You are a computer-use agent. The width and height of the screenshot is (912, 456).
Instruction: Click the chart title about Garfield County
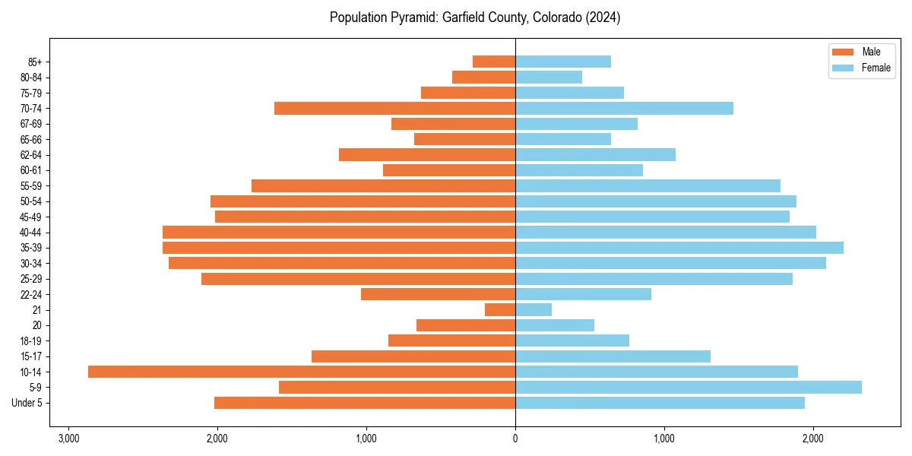coord(475,17)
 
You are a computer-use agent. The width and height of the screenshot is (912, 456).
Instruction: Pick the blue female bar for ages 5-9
coord(689,388)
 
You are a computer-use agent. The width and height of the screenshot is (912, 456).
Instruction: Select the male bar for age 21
coord(500,310)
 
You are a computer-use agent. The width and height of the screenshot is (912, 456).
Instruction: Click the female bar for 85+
coord(563,62)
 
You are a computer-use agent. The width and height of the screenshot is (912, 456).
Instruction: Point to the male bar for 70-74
coord(395,109)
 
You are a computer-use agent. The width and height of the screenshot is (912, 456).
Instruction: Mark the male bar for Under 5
coord(365,403)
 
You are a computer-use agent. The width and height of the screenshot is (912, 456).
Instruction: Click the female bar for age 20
coord(555,325)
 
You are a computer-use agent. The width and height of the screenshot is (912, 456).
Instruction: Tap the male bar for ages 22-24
coord(439,294)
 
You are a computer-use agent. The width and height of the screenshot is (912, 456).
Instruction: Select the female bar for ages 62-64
coord(596,155)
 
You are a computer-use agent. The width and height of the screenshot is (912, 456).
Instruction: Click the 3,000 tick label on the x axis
coord(68,439)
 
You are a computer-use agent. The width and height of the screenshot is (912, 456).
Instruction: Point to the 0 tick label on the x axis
coord(515,439)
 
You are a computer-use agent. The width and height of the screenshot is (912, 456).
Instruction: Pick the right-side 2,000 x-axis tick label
coord(813,439)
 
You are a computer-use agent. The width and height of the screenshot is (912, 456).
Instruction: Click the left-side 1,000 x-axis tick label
coord(366,439)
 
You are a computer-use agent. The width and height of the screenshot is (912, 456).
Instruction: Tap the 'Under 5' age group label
coord(27,403)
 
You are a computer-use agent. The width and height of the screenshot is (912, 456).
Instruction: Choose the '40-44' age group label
coord(31,233)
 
